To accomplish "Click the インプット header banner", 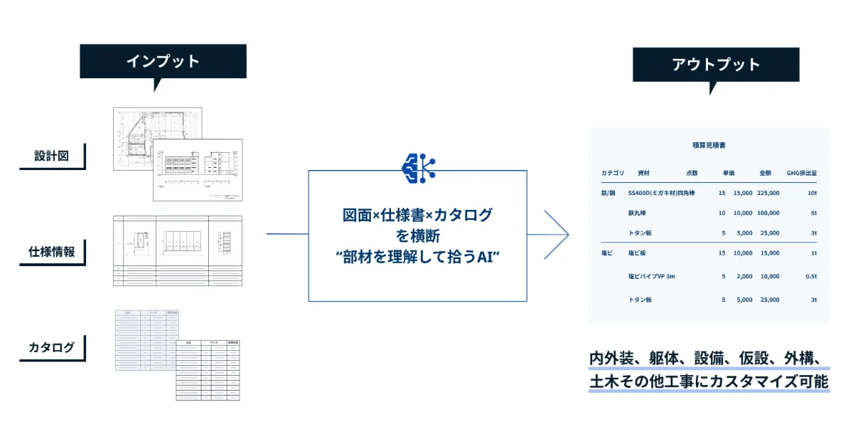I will tap(163, 61).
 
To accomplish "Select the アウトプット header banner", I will tap(716, 65).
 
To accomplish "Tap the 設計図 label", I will tap(52, 156).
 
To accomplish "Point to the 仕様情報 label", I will tap(52, 252).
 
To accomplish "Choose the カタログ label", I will tap(51, 347).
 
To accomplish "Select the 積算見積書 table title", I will tap(708, 146).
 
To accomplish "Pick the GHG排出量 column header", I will tap(801, 173).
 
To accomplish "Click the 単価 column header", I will tap(729, 173).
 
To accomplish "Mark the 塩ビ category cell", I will tap(607, 253).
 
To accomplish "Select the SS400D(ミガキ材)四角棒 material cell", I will tap(661, 193).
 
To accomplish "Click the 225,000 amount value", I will tap(768, 193).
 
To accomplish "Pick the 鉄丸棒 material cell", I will tap(637, 213).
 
